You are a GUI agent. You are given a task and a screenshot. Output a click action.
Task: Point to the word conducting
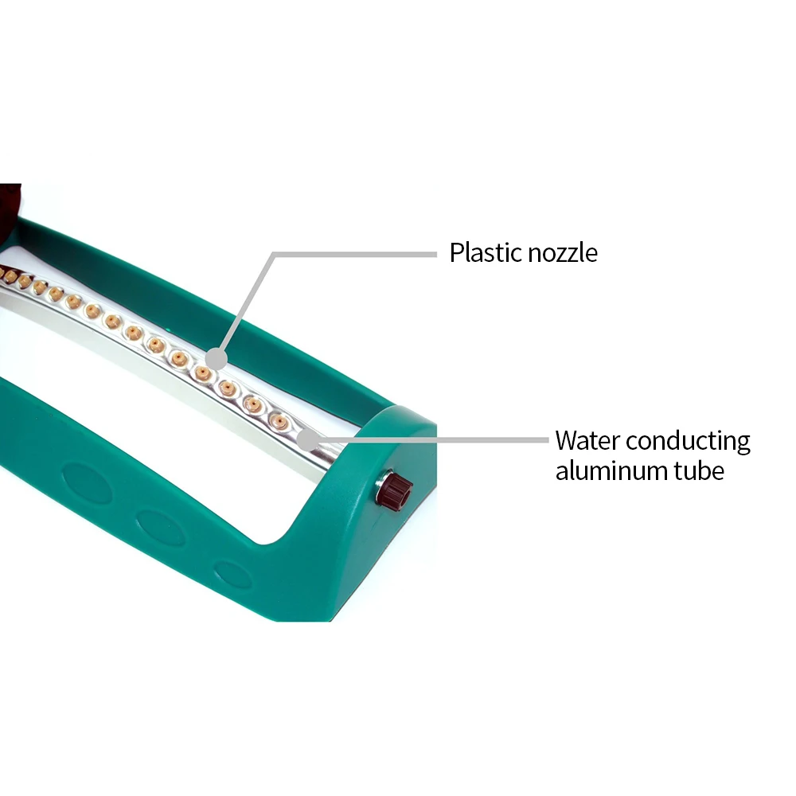688,442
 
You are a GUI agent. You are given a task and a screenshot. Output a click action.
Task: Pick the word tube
699,470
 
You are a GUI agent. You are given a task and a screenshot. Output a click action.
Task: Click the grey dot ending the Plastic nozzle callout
217,360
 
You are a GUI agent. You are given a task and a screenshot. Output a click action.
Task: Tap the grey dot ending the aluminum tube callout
306,441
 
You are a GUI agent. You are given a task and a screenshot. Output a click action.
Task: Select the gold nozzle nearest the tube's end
279,421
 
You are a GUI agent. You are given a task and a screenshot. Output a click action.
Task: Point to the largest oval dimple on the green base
88,483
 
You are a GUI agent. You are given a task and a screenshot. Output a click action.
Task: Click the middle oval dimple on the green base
161,528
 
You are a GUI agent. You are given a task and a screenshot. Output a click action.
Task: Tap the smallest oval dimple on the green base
232,574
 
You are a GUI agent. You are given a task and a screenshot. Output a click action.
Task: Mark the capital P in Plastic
457,253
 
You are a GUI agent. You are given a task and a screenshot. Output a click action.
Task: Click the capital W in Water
570,440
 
